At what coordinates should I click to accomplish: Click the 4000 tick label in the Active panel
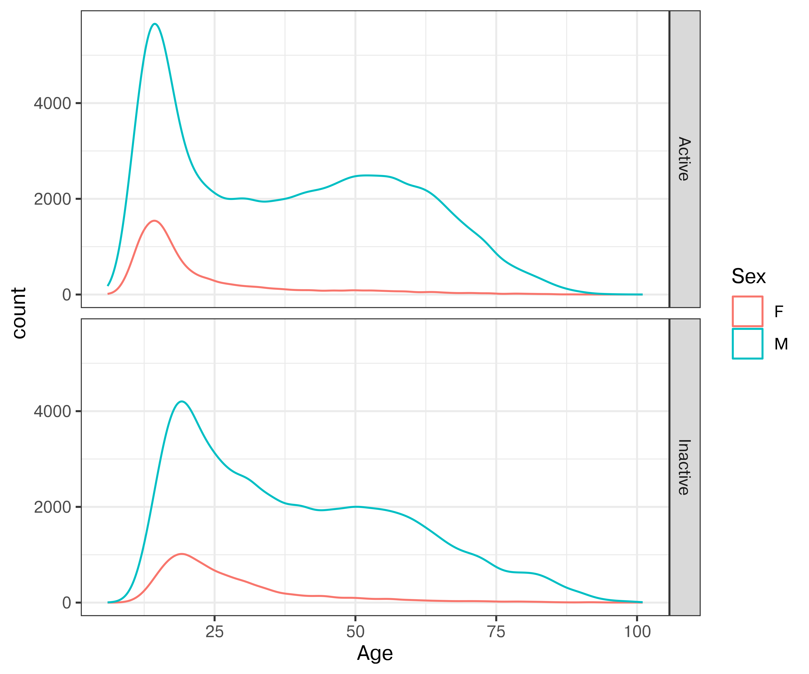(x=52, y=103)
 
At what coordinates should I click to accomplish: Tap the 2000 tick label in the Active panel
(x=52, y=199)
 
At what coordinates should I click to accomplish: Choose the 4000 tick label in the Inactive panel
(x=52, y=411)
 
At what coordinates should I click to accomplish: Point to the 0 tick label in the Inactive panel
(x=67, y=603)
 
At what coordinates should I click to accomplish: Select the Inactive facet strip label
(x=684, y=467)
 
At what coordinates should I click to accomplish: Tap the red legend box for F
(x=747, y=311)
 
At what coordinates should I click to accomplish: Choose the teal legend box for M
(x=747, y=344)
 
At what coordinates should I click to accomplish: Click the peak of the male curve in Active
(x=155, y=24)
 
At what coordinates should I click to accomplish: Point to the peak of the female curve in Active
(x=154, y=221)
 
